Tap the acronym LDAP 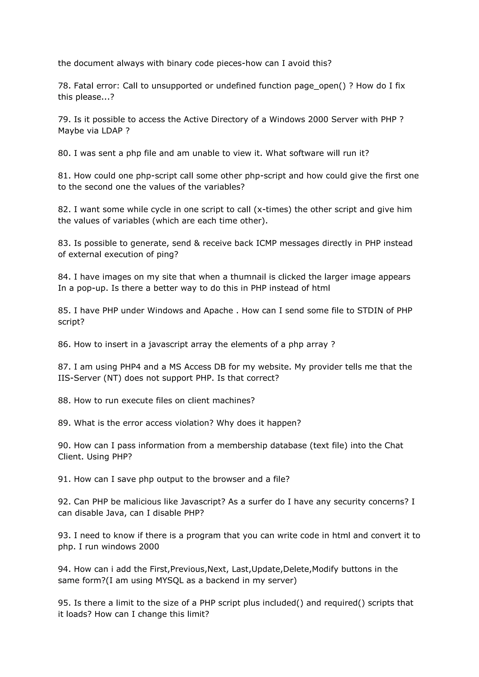[112, 131]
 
